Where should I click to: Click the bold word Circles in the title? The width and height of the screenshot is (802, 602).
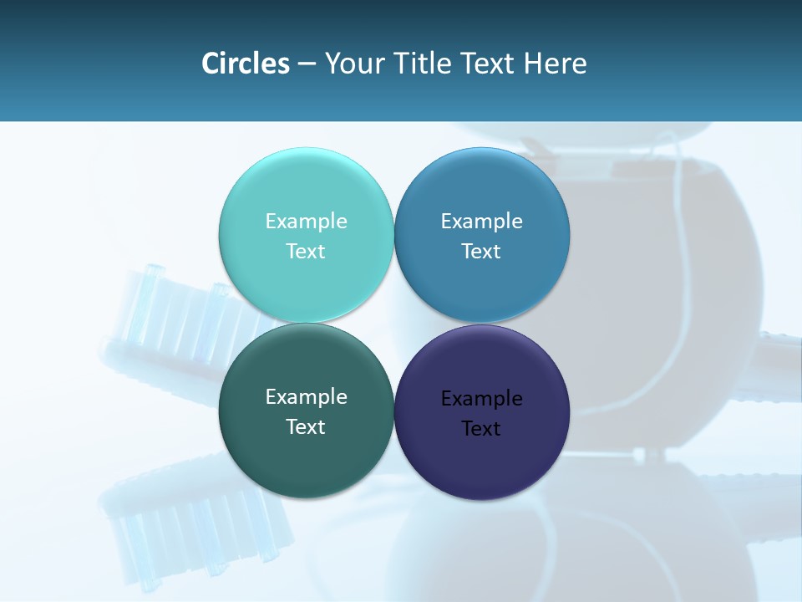[x=246, y=64]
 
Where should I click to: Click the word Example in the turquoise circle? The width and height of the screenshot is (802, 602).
[x=306, y=221]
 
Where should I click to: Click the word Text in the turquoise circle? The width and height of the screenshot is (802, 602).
[x=306, y=251]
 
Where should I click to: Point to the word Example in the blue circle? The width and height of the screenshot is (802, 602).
[x=481, y=221]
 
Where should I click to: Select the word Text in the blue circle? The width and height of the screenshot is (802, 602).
[x=481, y=251]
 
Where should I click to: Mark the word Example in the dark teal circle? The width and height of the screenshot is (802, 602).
[x=306, y=396]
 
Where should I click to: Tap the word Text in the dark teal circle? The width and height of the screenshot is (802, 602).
[x=306, y=426]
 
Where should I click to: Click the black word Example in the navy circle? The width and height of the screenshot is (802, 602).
[x=481, y=398]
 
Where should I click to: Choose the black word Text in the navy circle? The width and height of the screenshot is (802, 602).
[x=481, y=428]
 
